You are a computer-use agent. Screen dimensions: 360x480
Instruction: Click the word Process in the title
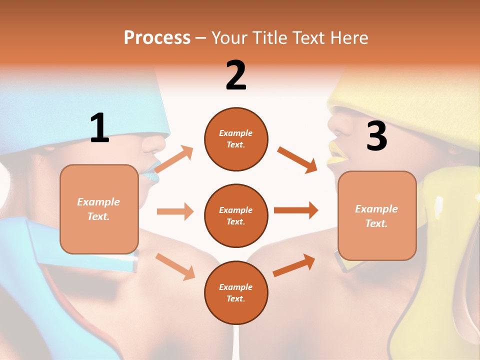tap(157, 37)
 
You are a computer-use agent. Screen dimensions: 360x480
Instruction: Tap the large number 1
tap(99, 128)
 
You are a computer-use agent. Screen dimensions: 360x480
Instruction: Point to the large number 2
tap(236, 75)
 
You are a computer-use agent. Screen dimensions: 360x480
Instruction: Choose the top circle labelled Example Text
tap(236, 139)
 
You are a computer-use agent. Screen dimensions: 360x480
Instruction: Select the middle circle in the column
tap(236, 215)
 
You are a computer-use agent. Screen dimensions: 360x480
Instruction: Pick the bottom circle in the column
tap(236, 292)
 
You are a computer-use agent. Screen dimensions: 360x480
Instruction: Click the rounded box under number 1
tap(99, 209)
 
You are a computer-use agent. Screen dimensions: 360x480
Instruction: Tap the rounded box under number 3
tap(377, 216)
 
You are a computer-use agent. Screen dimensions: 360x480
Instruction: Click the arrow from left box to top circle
tap(174, 159)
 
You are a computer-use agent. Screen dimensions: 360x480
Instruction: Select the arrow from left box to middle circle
tap(175, 211)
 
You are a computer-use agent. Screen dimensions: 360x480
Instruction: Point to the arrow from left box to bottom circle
tap(175, 266)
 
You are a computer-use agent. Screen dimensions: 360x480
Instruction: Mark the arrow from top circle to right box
tap(297, 160)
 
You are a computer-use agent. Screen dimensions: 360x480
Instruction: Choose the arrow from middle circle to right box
tap(296, 210)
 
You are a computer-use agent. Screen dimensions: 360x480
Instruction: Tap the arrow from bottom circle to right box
tap(294, 265)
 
